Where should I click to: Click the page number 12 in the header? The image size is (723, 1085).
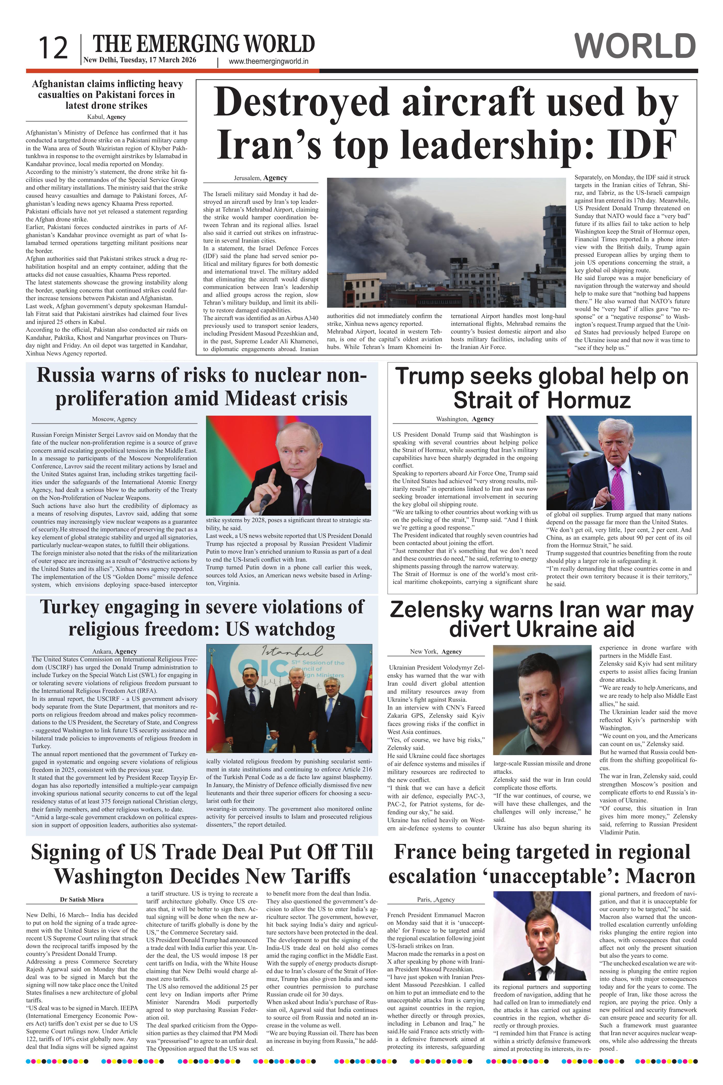(53, 48)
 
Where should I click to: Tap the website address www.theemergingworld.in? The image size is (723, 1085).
(268, 61)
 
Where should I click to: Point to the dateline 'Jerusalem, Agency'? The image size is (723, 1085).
(261, 178)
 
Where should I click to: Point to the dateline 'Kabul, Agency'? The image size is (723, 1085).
(106, 117)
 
